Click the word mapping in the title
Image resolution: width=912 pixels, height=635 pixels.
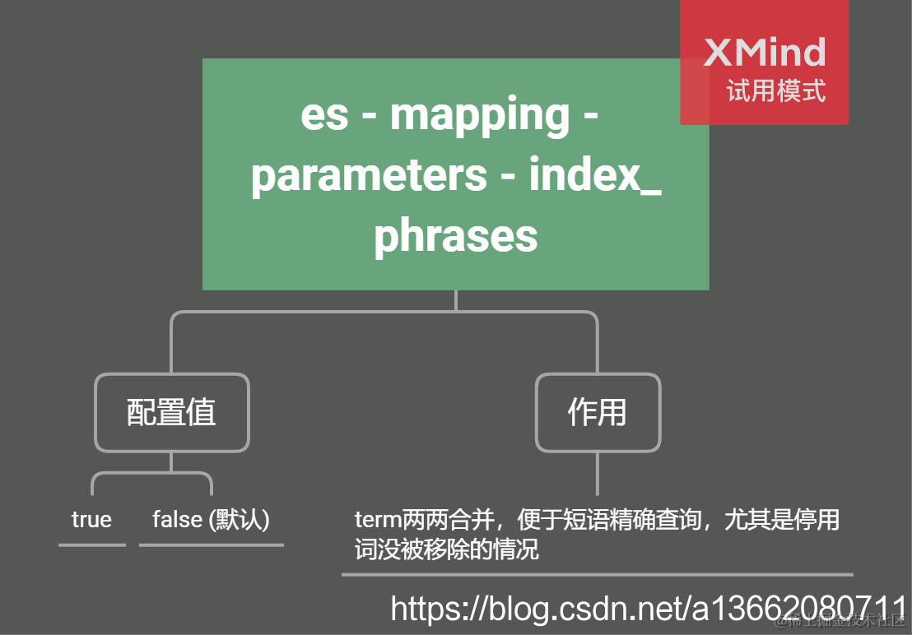479,115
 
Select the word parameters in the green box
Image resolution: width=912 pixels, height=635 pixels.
368,175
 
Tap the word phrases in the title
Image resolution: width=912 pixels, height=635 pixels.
455,235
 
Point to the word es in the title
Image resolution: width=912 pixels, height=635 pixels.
324,115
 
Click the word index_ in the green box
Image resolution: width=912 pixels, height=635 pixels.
594,175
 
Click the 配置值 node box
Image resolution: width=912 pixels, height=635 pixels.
171,412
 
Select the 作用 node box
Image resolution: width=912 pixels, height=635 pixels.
598,412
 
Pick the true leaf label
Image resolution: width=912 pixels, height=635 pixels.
91,520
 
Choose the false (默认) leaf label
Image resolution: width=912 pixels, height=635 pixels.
211,520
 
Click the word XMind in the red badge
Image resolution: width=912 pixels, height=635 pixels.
765,53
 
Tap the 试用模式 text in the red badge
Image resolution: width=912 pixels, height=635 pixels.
775,90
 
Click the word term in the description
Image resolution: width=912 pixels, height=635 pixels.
377,521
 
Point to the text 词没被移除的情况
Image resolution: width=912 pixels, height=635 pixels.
447,549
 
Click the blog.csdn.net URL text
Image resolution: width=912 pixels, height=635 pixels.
576,609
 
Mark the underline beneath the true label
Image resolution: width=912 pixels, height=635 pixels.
92,545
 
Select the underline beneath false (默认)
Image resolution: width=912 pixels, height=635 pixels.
211,545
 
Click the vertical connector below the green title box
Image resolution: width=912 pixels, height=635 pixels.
455,300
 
